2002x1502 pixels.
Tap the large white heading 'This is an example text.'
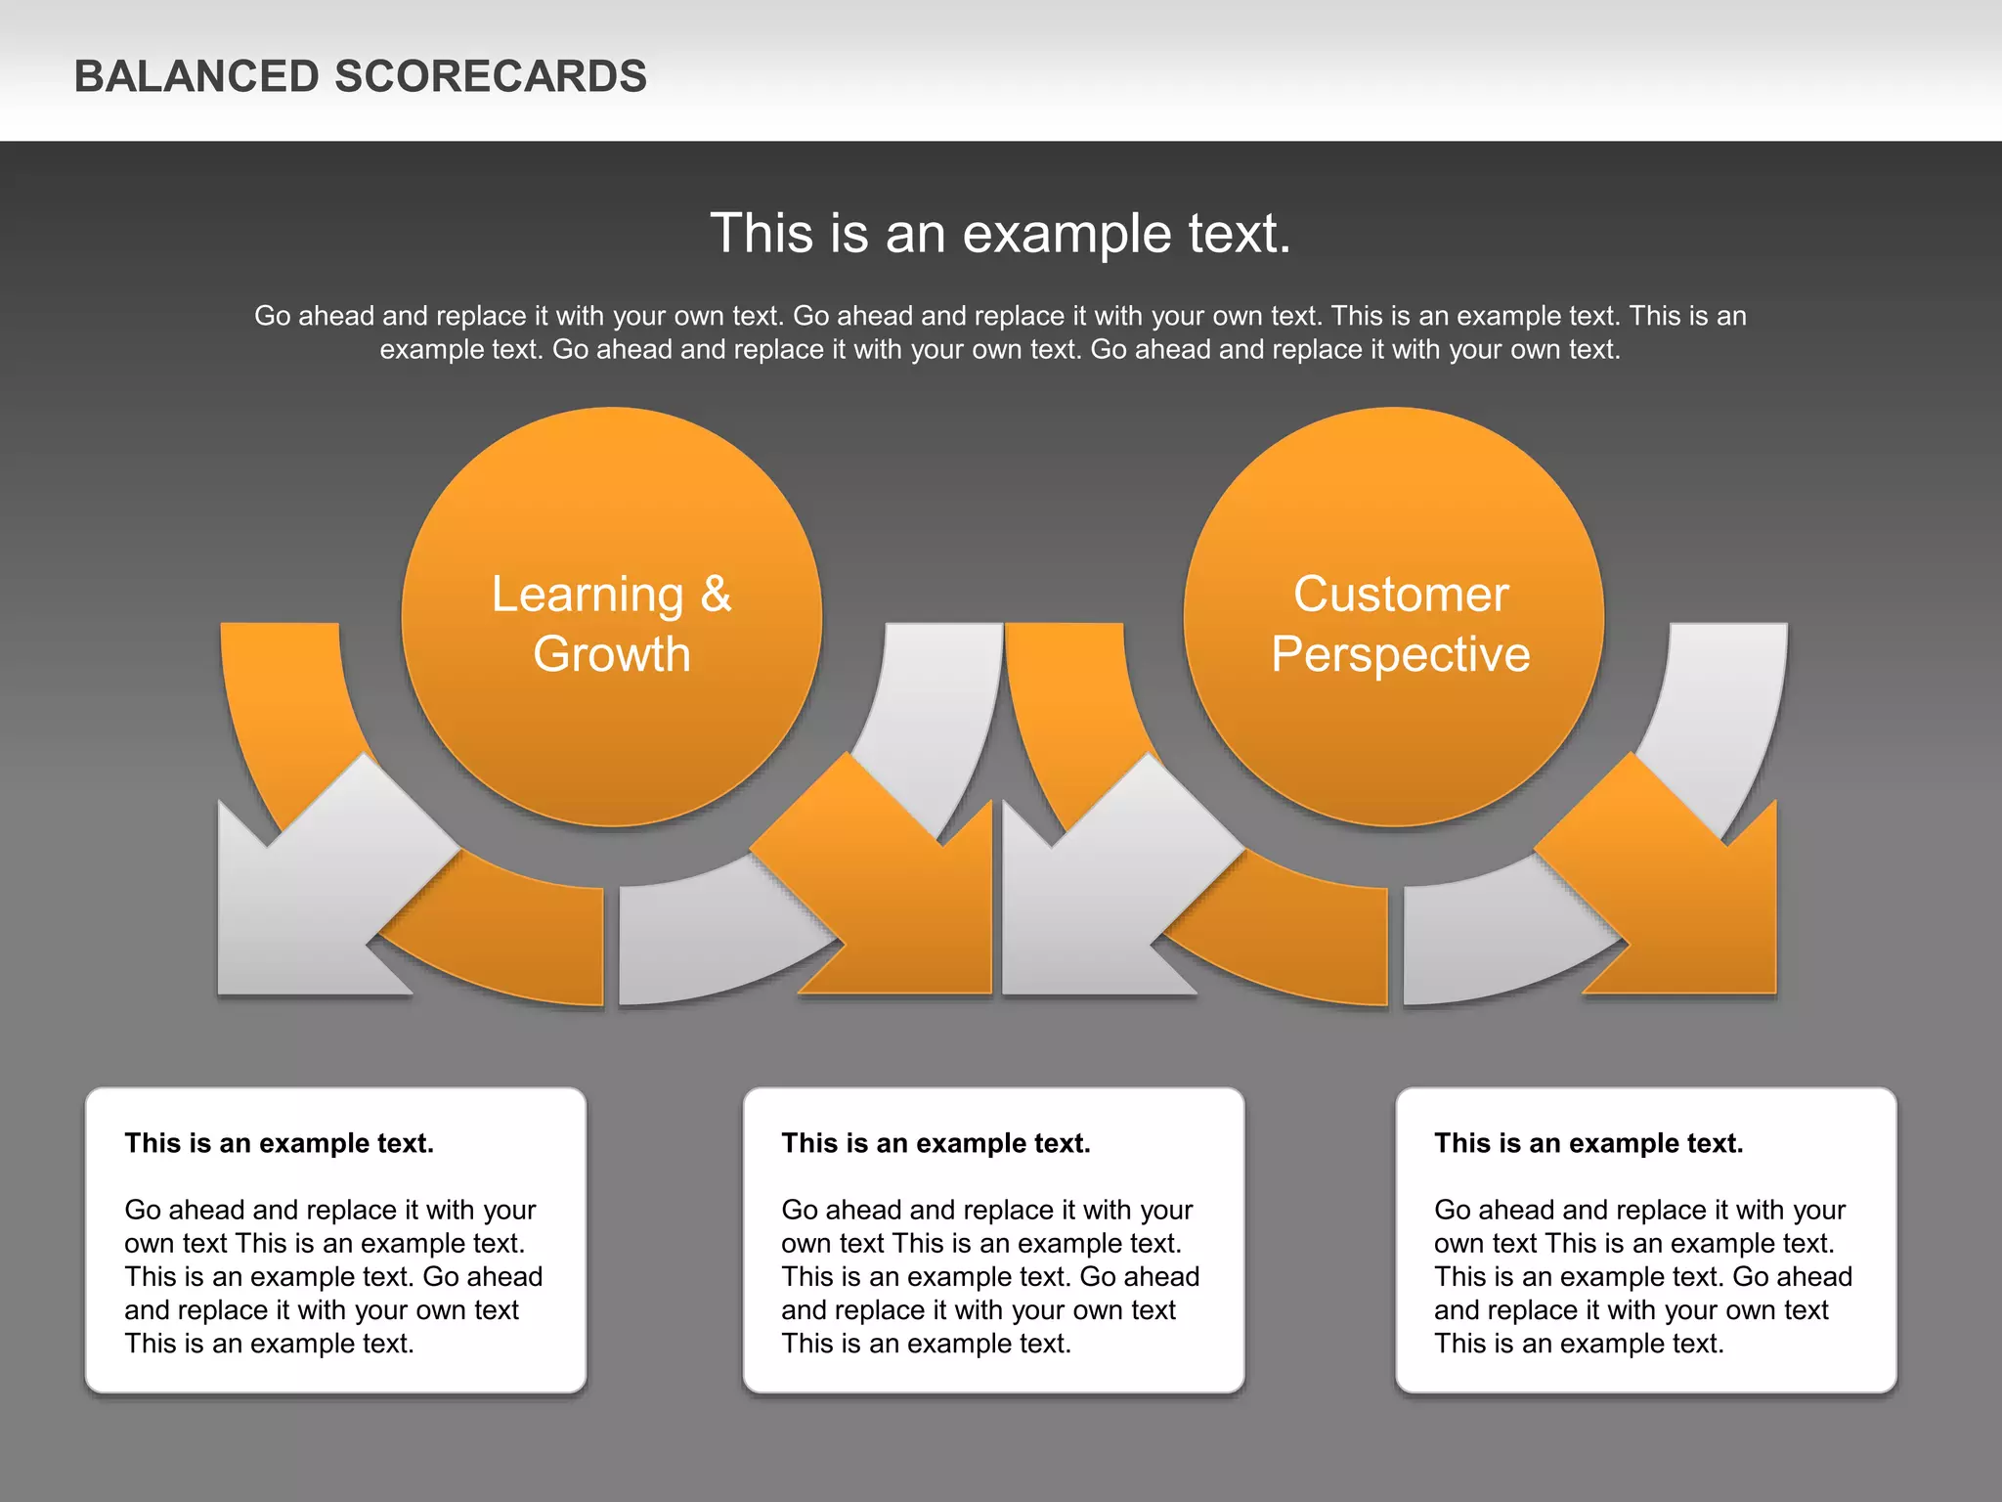pos(1000,234)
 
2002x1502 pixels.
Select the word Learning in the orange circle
pos(588,595)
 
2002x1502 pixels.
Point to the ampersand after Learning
pos(716,595)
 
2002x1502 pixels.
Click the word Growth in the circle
pos(612,654)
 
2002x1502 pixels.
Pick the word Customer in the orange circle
pos(1401,595)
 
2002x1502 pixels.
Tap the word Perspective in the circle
pos(1400,654)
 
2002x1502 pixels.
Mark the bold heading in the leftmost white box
pos(280,1143)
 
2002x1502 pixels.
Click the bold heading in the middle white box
pos(936,1143)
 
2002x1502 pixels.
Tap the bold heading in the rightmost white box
pos(1589,1143)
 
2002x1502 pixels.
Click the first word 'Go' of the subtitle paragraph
pos(273,316)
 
